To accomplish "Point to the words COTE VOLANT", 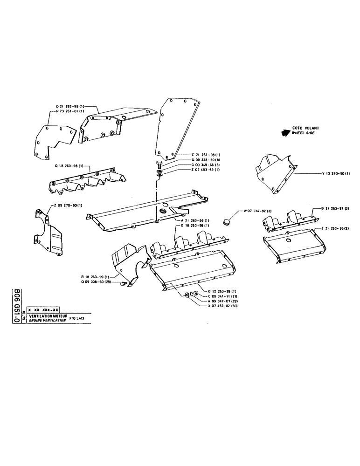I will coord(305,127).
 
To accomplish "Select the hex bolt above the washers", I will coord(159,164).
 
